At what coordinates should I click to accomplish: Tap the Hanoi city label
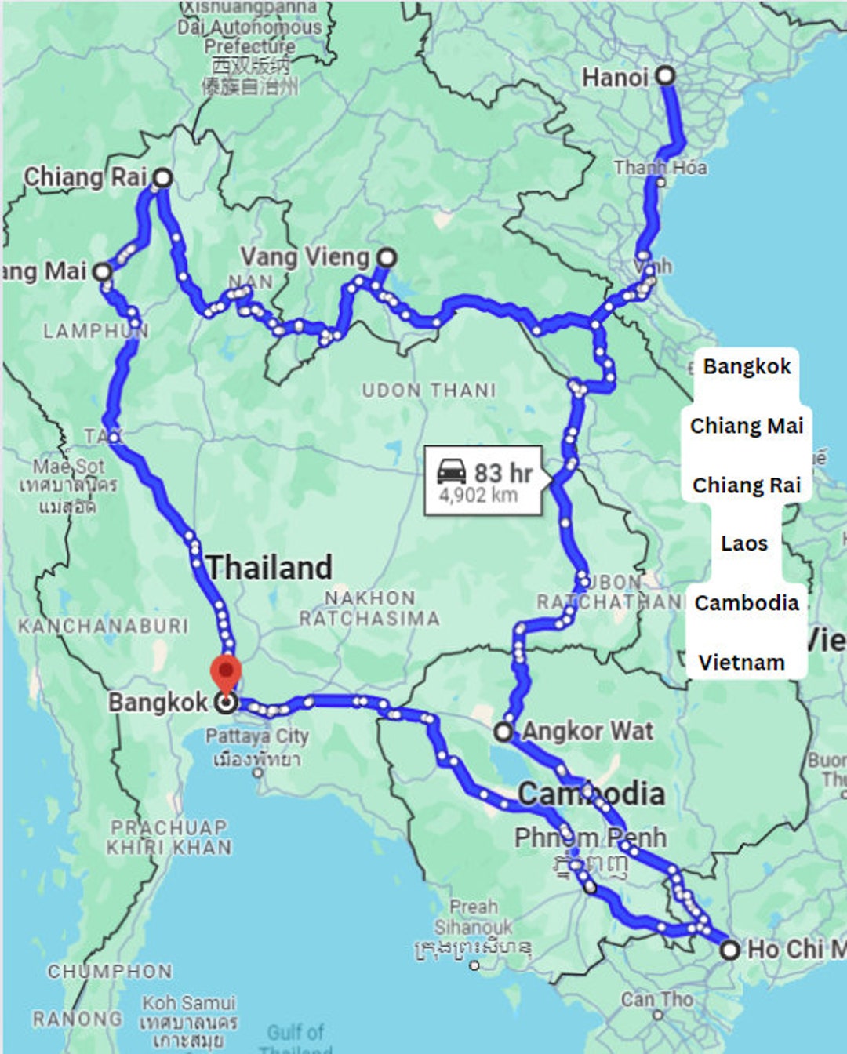[615, 78]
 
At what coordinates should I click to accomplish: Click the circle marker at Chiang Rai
[162, 178]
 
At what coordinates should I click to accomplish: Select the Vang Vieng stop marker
[387, 257]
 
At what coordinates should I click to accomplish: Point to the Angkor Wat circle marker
[503, 732]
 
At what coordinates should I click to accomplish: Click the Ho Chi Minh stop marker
[730, 950]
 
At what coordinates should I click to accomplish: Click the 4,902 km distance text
[478, 496]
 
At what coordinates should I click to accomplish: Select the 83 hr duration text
[503, 473]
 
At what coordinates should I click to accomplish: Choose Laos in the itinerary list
[744, 543]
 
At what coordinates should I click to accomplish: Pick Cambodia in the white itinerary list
[746, 602]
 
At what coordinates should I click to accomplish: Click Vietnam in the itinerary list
[741, 662]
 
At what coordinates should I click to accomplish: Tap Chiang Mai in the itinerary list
[746, 425]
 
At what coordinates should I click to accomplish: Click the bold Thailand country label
[270, 567]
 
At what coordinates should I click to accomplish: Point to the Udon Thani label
[429, 390]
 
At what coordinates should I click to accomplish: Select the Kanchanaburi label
[104, 625]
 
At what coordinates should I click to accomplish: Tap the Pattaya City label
[257, 736]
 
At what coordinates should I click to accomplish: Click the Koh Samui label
[188, 1003]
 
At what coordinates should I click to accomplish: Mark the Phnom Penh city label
[590, 838]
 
